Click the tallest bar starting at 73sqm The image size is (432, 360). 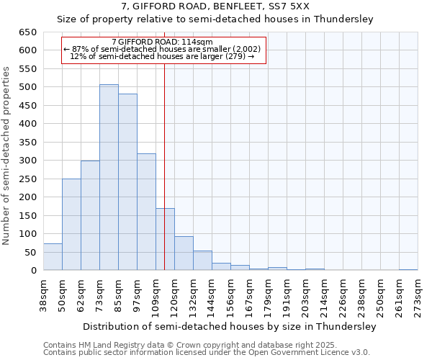point(109,177)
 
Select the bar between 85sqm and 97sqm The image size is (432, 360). point(127,182)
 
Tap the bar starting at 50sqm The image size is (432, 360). point(71,225)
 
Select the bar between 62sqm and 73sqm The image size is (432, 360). point(90,215)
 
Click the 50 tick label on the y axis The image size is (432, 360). point(30,252)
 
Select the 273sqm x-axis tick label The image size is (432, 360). point(418,295)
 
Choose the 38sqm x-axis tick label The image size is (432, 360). point(44,295)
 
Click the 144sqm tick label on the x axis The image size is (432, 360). point(212,295)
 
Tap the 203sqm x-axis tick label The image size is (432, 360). point(306,295)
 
